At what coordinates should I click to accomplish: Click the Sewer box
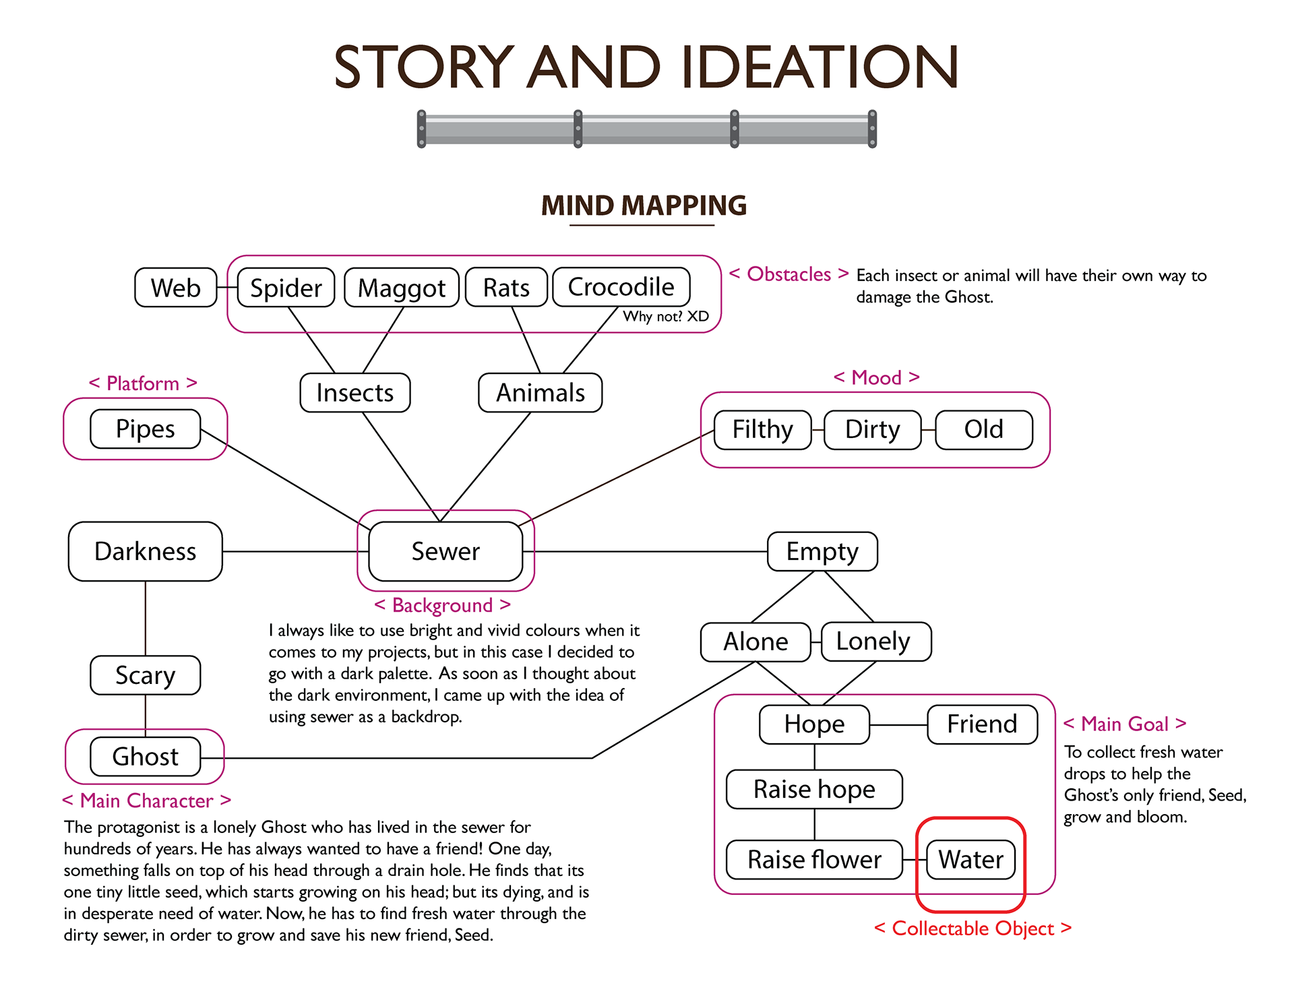point(445,551)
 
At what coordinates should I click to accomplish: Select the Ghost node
point(145,757)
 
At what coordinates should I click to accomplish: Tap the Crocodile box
point(621,287)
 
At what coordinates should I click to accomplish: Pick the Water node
point(970,860)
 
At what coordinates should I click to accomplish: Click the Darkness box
point(145,551)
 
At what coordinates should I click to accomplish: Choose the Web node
point(175,288)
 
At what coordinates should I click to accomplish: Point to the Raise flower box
point(814,860)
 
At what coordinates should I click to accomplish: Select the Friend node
point(982,724)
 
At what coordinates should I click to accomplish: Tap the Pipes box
point(145,429)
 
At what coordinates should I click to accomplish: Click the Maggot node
point(401,288)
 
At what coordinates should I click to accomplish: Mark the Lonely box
point(873,642)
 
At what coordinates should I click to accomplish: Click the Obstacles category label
point(789,274)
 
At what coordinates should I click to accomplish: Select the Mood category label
point(876,377)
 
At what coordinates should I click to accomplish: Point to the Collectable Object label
point(973,929)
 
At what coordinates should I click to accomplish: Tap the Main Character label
point(146,801)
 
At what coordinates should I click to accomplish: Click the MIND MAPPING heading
point(644,206)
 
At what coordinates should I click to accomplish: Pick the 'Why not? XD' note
point(666,317)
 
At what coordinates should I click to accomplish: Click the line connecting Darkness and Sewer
point(290,551)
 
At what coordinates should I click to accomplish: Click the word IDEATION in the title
point(820,67)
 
